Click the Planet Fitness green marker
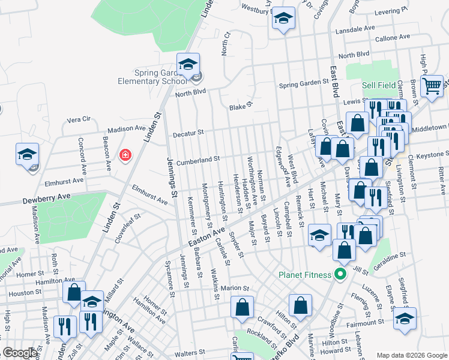tap(340, 275)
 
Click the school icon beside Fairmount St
tap(405, 318)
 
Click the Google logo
tap(20, 353)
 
